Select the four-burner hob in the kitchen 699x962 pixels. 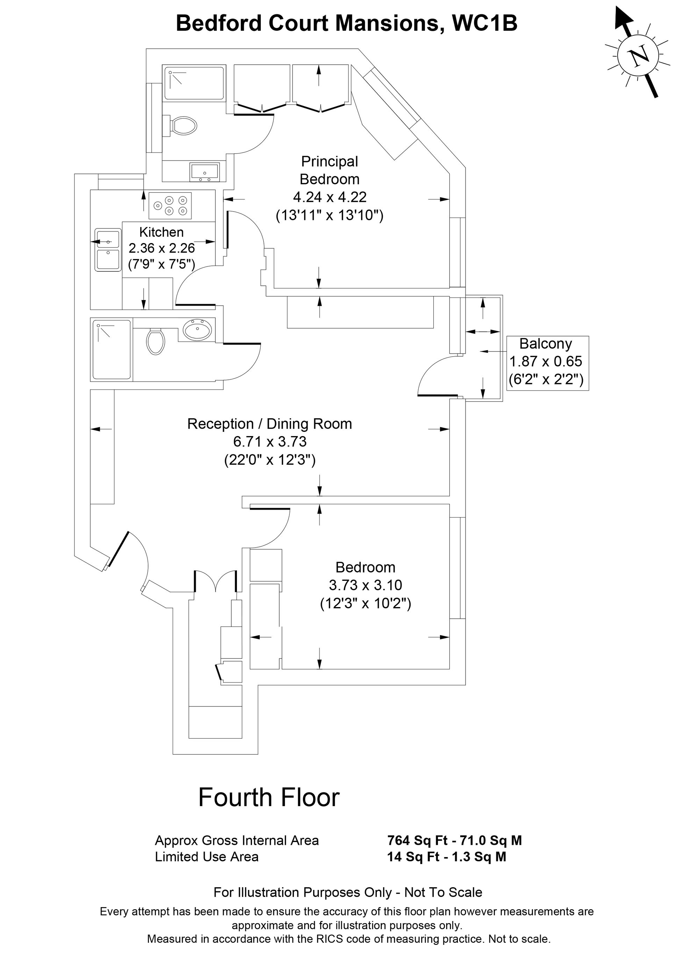click(170, 205)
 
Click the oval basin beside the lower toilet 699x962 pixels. click(197, 329)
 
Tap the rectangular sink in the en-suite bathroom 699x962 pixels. click(205, 172)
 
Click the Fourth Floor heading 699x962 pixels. click(269, 797)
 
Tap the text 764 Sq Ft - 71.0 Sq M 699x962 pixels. click(454, 840)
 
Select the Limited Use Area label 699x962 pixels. click(207, 856)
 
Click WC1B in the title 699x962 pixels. click(485, 23)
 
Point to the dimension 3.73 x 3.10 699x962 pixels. click(365, 585)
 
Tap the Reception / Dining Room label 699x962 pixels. click(269, 424)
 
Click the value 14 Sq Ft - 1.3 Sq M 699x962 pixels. click(447, 856)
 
